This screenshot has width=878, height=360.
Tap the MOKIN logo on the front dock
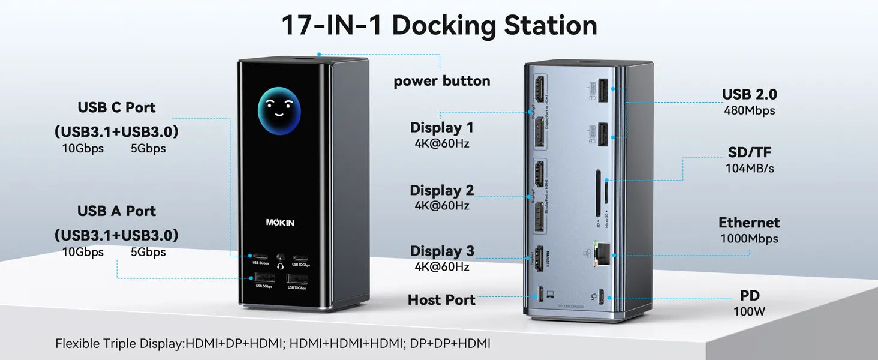pyautogui.click(x=280, y=223)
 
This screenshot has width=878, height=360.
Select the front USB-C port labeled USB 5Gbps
pyautogui.click(x=260, y=256)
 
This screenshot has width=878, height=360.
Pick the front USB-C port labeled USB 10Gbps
pyautogui.click(x=300, y=256)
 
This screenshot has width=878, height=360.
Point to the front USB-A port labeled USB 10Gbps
pyautogui.click(x=297, y=278)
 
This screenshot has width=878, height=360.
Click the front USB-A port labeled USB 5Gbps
pyautogui.click(x=264, y=278)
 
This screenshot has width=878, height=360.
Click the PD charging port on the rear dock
pyautogui.click(x=610, y=296)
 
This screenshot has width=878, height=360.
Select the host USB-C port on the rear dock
pyautogui.click(x=542, y=295)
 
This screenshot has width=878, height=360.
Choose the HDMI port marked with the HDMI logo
pyautogui.click(x=539, y=257)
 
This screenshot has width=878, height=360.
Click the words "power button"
pyautogui.click(x=441, y=81)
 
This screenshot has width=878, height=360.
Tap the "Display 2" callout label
pyautogui.click(x=441, y=191)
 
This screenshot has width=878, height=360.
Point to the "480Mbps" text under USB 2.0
pyautogui.click(x=749, y=110)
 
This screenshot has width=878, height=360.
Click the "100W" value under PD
pyautogui.click(x=749, y=311)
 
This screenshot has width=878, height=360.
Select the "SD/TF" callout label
pyautogui.click(x=749, y=153)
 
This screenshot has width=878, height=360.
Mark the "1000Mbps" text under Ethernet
pyautogui.click(x=749, y=239)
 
